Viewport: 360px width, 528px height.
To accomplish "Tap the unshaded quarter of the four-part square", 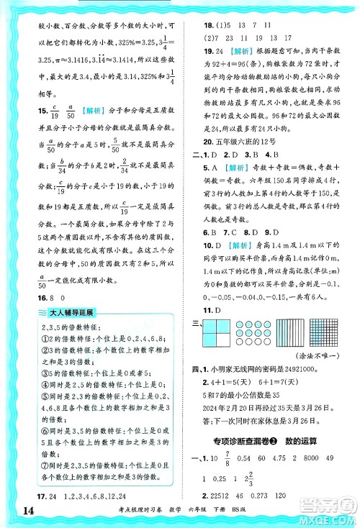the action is tap(220, 329).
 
